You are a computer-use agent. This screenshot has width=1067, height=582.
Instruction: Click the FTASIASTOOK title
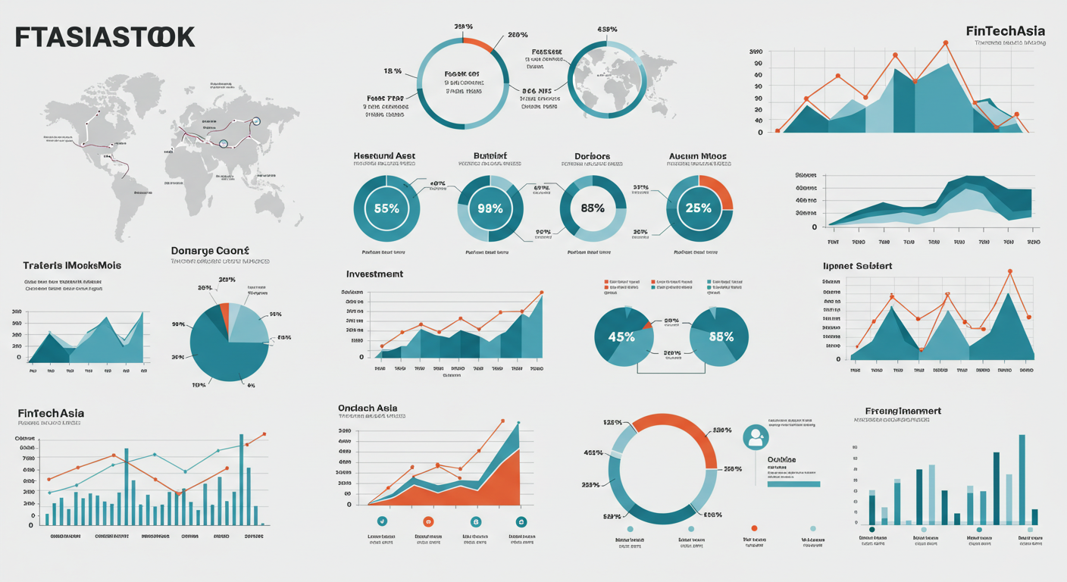[105, 37]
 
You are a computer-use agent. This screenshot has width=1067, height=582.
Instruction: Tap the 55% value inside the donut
[386, 208]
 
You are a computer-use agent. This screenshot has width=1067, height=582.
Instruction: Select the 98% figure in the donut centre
[490, 208]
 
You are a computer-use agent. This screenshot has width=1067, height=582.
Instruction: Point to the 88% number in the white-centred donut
[593, 208]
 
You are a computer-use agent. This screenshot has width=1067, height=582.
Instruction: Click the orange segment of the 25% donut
[719, 191]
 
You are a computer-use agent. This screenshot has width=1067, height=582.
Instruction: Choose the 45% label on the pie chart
[621, 337]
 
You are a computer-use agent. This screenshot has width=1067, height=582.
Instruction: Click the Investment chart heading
[374, 274]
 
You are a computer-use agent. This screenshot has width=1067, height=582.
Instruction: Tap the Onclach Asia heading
[368, 408]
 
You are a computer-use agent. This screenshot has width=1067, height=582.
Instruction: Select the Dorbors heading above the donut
[592, 157]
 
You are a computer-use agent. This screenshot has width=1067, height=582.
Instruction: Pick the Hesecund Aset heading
[384, 156]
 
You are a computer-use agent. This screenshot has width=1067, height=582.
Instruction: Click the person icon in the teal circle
[756, 436]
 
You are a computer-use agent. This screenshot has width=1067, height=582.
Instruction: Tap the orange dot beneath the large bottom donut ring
[754, 528]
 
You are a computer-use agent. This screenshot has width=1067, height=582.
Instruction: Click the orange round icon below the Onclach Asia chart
[428, 521]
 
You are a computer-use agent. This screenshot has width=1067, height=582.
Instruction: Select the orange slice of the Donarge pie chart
[224, 313]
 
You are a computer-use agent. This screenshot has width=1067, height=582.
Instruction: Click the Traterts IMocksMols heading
[72, 266]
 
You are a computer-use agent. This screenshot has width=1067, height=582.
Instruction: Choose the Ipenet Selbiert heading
[857, 266]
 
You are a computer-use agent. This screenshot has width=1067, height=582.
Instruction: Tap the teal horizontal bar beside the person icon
[793, 483]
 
